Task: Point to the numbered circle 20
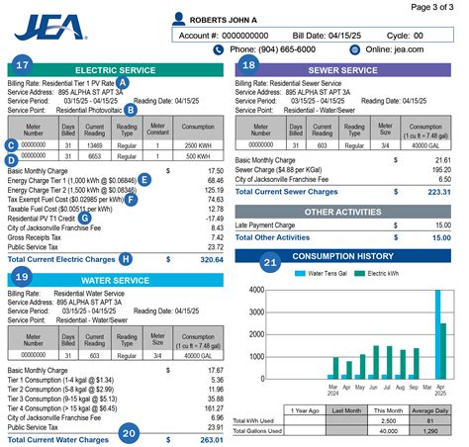pos(129,431)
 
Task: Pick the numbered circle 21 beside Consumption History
pos(270,262)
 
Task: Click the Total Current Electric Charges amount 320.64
pos(208,258)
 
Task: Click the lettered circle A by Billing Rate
pos(123,83)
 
